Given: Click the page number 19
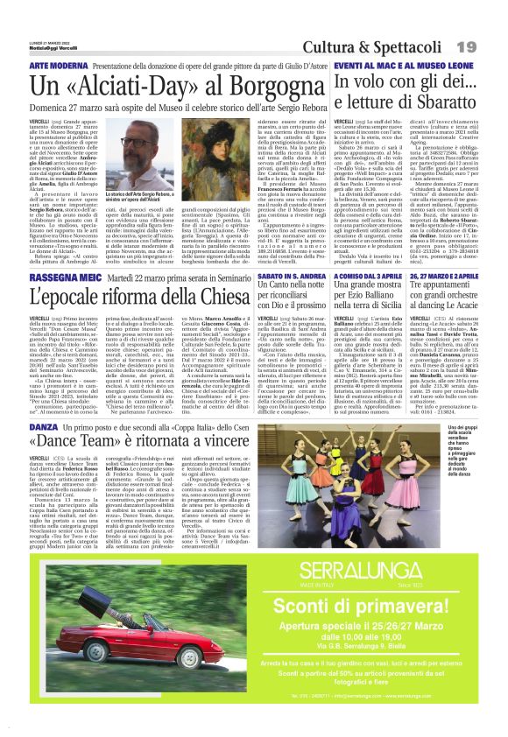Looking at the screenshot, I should pyautogui.click(x=490, y=45).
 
